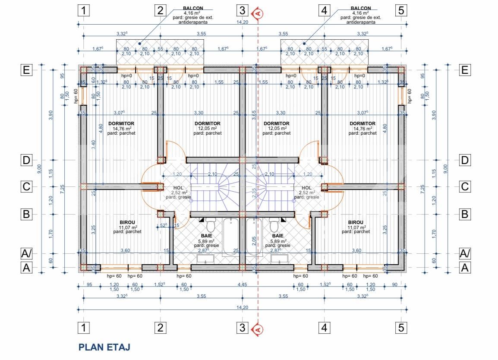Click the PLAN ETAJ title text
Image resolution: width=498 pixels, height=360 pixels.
[104, 347]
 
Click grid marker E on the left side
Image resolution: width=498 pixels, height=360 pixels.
[27, 70]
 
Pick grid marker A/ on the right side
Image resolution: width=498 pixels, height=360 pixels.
[465, 253]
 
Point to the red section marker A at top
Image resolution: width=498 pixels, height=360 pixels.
[258, 13]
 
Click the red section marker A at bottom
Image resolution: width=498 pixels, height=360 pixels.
[258, 329]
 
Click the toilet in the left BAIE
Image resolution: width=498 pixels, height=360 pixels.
[211, 225]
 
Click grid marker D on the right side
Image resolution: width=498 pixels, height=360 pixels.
[465, 161]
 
